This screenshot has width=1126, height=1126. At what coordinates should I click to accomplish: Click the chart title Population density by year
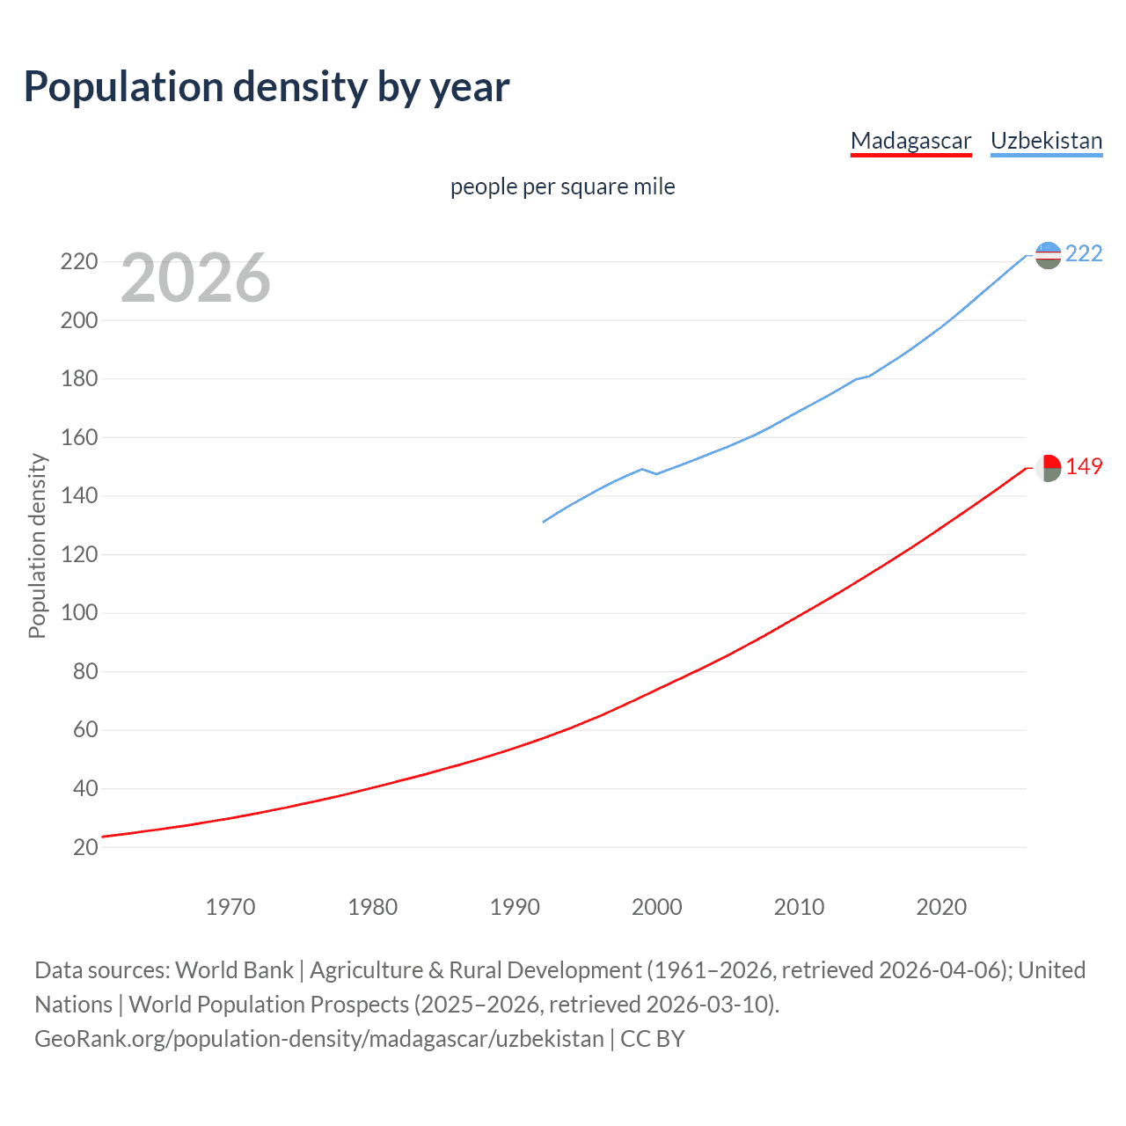(x=267, y=87)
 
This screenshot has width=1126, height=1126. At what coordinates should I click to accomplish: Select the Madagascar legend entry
(x=910, y=141)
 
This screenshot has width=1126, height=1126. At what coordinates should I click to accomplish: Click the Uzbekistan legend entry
(x=1046, y=141)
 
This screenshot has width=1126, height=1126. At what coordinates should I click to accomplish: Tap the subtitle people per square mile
(x=562, y=186)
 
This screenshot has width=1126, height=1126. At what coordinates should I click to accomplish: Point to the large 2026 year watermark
(x=195, y=278)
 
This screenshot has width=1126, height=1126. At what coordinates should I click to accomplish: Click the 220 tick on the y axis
(x=78, y=262)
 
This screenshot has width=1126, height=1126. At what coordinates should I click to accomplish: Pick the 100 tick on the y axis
(x=78, y=613)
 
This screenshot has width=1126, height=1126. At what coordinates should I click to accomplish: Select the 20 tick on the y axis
(x=84, y=847)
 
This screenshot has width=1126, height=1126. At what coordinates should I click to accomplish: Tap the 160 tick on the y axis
(x=78, y=437)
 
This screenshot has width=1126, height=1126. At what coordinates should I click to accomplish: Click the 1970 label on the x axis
(x=230, y=907)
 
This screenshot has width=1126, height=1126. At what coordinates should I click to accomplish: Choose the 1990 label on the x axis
(x=515, y=907)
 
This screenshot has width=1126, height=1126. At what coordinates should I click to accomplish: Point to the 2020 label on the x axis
(x=941, y=907)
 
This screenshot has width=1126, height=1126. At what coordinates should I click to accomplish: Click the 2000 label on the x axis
(x=657, y=907)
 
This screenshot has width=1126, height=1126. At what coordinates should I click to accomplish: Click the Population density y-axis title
(x=37, y=545)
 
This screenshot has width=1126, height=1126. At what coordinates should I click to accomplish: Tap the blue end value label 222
(x=1084, y=254)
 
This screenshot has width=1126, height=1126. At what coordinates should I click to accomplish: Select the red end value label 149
(x=1084, y=467)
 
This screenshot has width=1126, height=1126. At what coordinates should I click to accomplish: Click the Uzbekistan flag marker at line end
(x=1048, y=255)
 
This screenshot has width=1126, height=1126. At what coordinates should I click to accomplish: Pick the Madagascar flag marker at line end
(x=1048, y=468)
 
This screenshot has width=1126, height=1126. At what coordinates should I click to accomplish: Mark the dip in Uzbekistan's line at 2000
(x=656, y=474)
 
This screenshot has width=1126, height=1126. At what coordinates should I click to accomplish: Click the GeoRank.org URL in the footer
(x=319, y=1039)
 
